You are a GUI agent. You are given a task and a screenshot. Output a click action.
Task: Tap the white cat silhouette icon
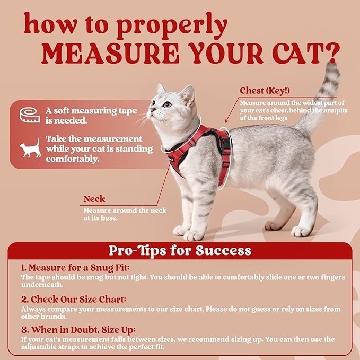pos(30,149)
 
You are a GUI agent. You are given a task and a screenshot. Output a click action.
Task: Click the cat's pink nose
pos(152,111)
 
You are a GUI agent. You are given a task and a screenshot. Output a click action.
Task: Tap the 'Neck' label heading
pos(94,199)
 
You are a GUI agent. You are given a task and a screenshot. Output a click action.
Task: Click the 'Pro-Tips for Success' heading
pos(180,250)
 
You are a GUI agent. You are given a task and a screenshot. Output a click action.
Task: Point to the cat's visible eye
pos(168,104)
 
